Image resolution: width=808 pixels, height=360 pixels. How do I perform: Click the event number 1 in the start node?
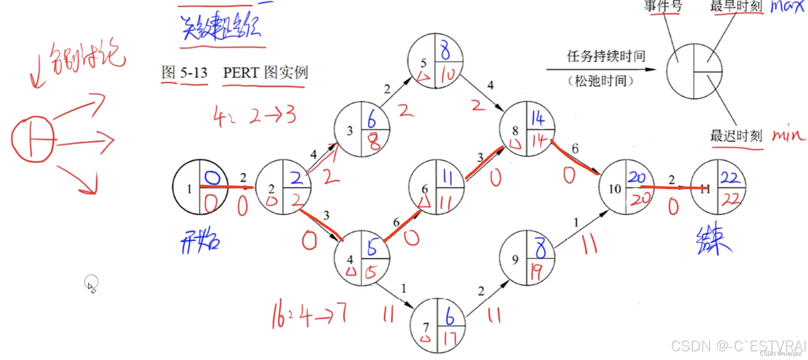coord(189,189)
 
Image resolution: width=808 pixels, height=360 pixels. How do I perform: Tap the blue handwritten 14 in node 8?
coord(538,118)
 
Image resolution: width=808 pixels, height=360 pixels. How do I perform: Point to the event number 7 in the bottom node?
coord(426,327)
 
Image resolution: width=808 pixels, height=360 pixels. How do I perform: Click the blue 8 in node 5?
coord(445,50)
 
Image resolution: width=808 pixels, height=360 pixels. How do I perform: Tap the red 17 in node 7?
coord(450,339)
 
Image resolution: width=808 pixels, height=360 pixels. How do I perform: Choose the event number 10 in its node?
coord(615,189)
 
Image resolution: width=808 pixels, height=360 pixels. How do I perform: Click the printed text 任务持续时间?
coord(606,56)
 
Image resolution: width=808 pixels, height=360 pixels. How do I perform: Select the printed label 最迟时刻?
coord(736,136)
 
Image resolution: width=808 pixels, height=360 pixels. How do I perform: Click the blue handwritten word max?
coord(787,7)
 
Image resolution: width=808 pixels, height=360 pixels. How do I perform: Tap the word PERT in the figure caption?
coord(241,72)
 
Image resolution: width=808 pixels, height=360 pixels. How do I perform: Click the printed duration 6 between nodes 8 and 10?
coord(575,149)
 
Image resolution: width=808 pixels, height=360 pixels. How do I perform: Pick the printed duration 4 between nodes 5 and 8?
coord(490,85)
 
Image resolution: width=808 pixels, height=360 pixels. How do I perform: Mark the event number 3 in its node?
coord(350,131)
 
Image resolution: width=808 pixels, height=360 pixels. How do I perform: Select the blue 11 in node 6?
coord(447,177)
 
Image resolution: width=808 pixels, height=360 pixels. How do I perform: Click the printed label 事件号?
coord(663,6)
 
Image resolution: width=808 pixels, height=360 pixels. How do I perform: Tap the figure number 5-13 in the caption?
coord(194,72)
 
